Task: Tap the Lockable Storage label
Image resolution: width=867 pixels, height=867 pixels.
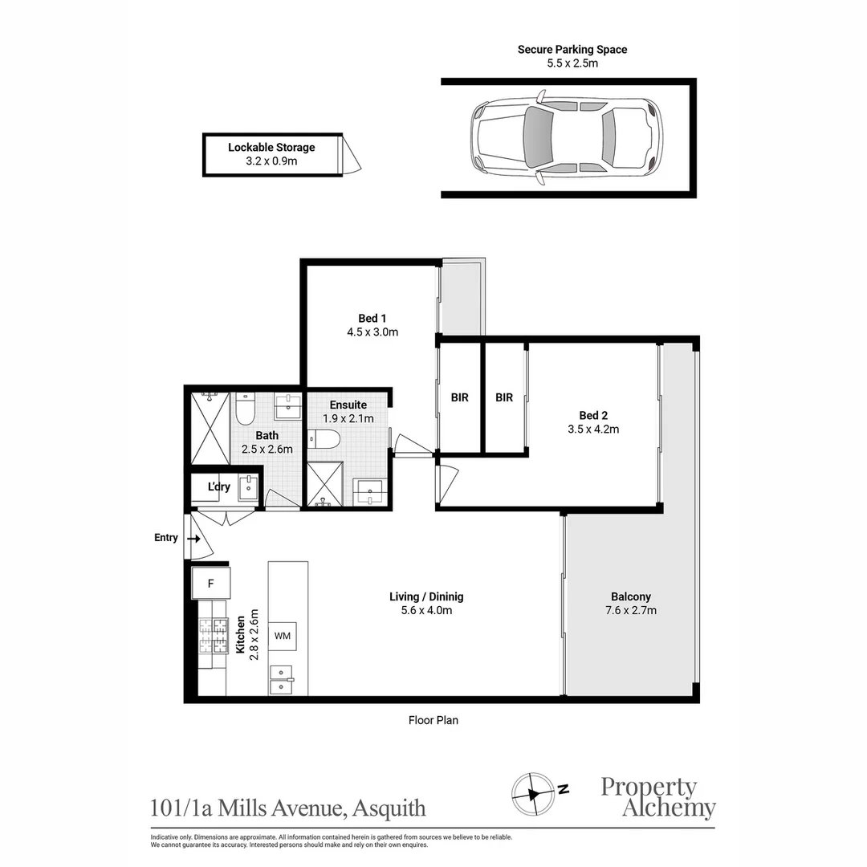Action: pyautogui.click(x=271, y=148)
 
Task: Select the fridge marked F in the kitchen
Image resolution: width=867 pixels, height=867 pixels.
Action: pyautogui.click(x=211, y=584)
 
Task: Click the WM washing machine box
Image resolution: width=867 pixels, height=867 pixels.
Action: pyautogui.click(x=282, y=636)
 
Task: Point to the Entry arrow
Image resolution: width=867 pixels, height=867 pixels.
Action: pyautogui.click(x=193, y=538)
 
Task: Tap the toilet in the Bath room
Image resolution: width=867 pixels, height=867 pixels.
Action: pyautogui.click(x=245, y=409)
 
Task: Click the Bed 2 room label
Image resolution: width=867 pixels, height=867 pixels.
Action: pyautogui.click(x=593, y=415)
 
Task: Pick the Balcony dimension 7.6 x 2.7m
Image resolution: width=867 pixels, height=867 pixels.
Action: pyautogui.click(x=630, y=610)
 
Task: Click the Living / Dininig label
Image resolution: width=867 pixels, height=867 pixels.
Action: pyautogui.click(x=426, y=596)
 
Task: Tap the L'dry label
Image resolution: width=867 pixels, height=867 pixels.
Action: pyautogui.click(x=219, y=487)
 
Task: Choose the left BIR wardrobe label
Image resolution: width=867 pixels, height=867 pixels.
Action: pyautogui.click(x=459, y=397)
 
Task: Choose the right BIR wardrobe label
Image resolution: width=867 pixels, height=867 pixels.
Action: pyautogui.click(x=504, y=397)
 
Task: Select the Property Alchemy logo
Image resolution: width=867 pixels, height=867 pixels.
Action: pyautogui.click(x=657, y=797)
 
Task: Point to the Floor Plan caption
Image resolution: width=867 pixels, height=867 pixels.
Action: pyautogui.click(x=433, y=720)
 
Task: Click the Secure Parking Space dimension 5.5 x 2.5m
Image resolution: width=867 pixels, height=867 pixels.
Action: pyautogui.click(x=572, y=63)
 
